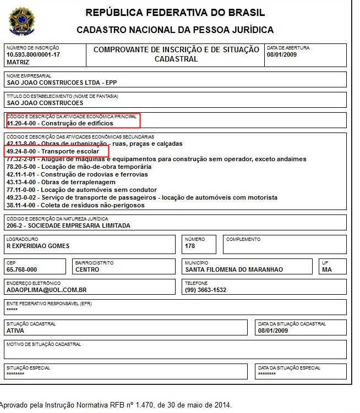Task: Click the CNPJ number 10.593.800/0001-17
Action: [32, 56]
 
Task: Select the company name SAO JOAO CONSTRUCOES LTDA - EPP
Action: [62, 83]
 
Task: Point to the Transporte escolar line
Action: [52, 151]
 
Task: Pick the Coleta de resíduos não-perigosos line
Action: [75, 205]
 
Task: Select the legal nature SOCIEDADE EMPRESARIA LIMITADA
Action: [68, 225]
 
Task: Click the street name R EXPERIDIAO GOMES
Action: [38, 246]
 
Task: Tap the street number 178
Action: [190, 246]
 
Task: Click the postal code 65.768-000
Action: [22, 270]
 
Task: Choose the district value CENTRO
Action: [87, 270]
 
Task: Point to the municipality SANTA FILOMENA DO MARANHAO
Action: [234, 270]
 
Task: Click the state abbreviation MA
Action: [327, 270]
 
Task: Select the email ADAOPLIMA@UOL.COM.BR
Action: [47, 290]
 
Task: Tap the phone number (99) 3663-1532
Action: [206, 290]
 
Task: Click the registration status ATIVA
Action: [15, 331]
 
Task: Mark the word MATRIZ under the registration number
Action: [18, 63]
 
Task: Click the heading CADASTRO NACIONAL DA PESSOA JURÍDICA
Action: [175, 30]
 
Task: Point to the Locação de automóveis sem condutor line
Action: [75, 190]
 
